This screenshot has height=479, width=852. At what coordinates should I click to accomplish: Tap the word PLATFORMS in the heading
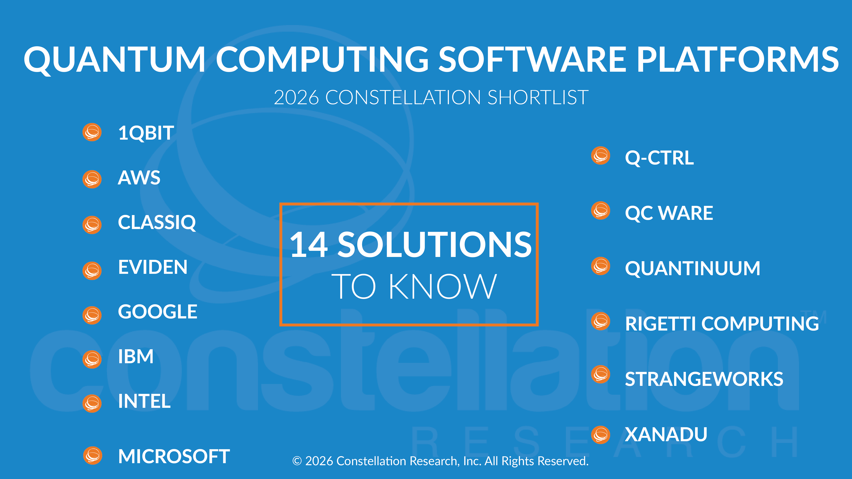click(737, 59)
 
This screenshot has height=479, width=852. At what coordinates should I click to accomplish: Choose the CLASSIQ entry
click(157, 223)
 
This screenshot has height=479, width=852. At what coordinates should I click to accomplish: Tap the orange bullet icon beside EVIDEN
click(92, 271)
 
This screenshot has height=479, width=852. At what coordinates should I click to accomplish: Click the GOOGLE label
click(157, 312)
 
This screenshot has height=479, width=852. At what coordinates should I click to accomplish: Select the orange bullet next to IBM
click(92, 359)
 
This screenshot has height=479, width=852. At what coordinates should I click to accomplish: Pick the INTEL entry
click(144, 401)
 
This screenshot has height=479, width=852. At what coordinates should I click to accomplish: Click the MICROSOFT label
click(174, 457)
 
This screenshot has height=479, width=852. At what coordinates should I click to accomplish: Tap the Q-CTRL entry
click(659, 158)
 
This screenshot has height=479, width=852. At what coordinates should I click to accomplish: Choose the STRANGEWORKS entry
click(704, 379)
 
